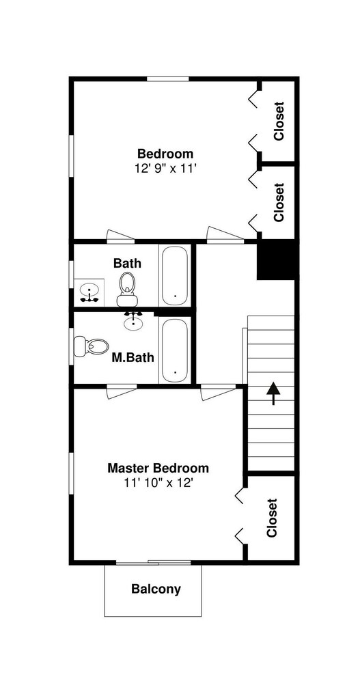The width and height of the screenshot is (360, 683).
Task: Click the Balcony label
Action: [x=156, y=589]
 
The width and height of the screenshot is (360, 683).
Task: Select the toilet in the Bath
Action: [x=127, y=289]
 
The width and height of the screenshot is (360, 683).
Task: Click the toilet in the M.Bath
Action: [x=91, y=347]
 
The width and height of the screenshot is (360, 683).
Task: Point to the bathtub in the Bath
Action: [x=175, y=275]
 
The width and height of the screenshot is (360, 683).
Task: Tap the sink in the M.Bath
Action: [x=133, y=321]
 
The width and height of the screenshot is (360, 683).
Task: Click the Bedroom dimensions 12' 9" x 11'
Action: [x=163, y=169]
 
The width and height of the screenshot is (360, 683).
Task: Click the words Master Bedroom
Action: [x=158, y=469]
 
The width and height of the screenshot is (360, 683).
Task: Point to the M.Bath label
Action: [x=133, y=358]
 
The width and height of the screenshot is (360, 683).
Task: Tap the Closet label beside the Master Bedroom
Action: [x=272, y=518]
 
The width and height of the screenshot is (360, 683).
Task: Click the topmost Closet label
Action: [x=279, y=121]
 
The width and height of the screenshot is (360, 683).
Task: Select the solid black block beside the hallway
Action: [x=277, y=260]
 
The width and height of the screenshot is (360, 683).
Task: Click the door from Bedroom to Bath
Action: [x=121, y=236]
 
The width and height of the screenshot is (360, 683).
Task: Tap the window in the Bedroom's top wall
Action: [x=168, y=79]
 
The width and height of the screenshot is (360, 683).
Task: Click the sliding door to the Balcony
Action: [x=153, y=563]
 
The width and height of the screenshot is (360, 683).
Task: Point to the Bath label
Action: [x=127, y=264]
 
